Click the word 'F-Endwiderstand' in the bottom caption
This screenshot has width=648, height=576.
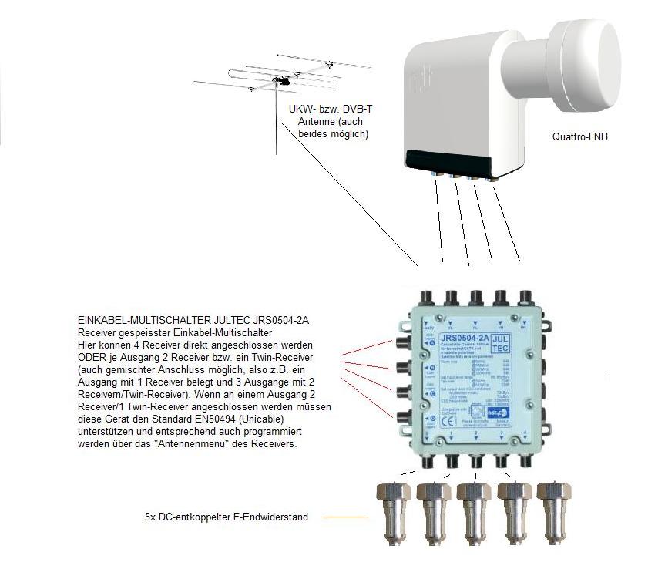point(270,517)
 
